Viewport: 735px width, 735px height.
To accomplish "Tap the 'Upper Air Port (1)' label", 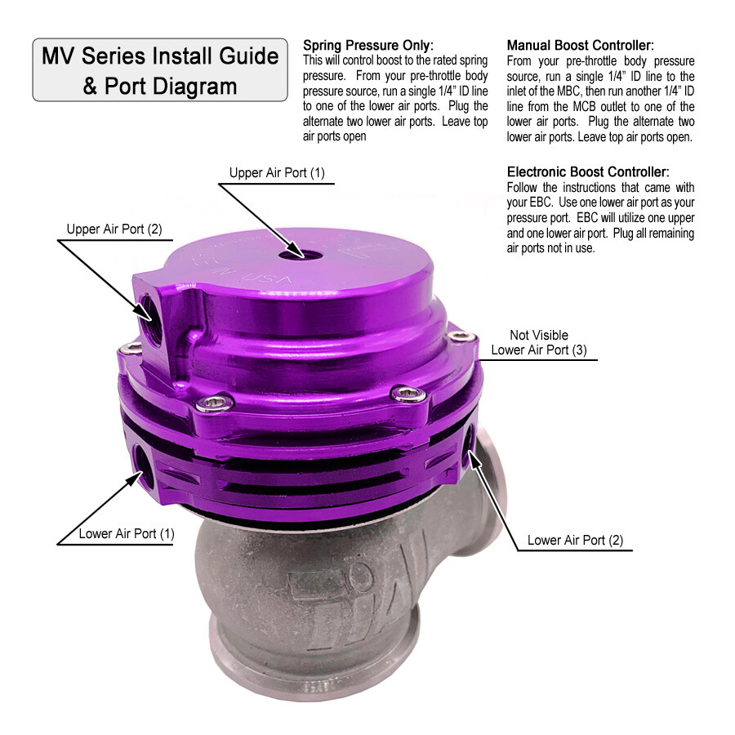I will click(x=277, y=173).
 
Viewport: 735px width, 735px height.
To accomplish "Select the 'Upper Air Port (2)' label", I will click(x=114, y=229).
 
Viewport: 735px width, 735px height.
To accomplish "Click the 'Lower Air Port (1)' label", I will click(x=127, y=534).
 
